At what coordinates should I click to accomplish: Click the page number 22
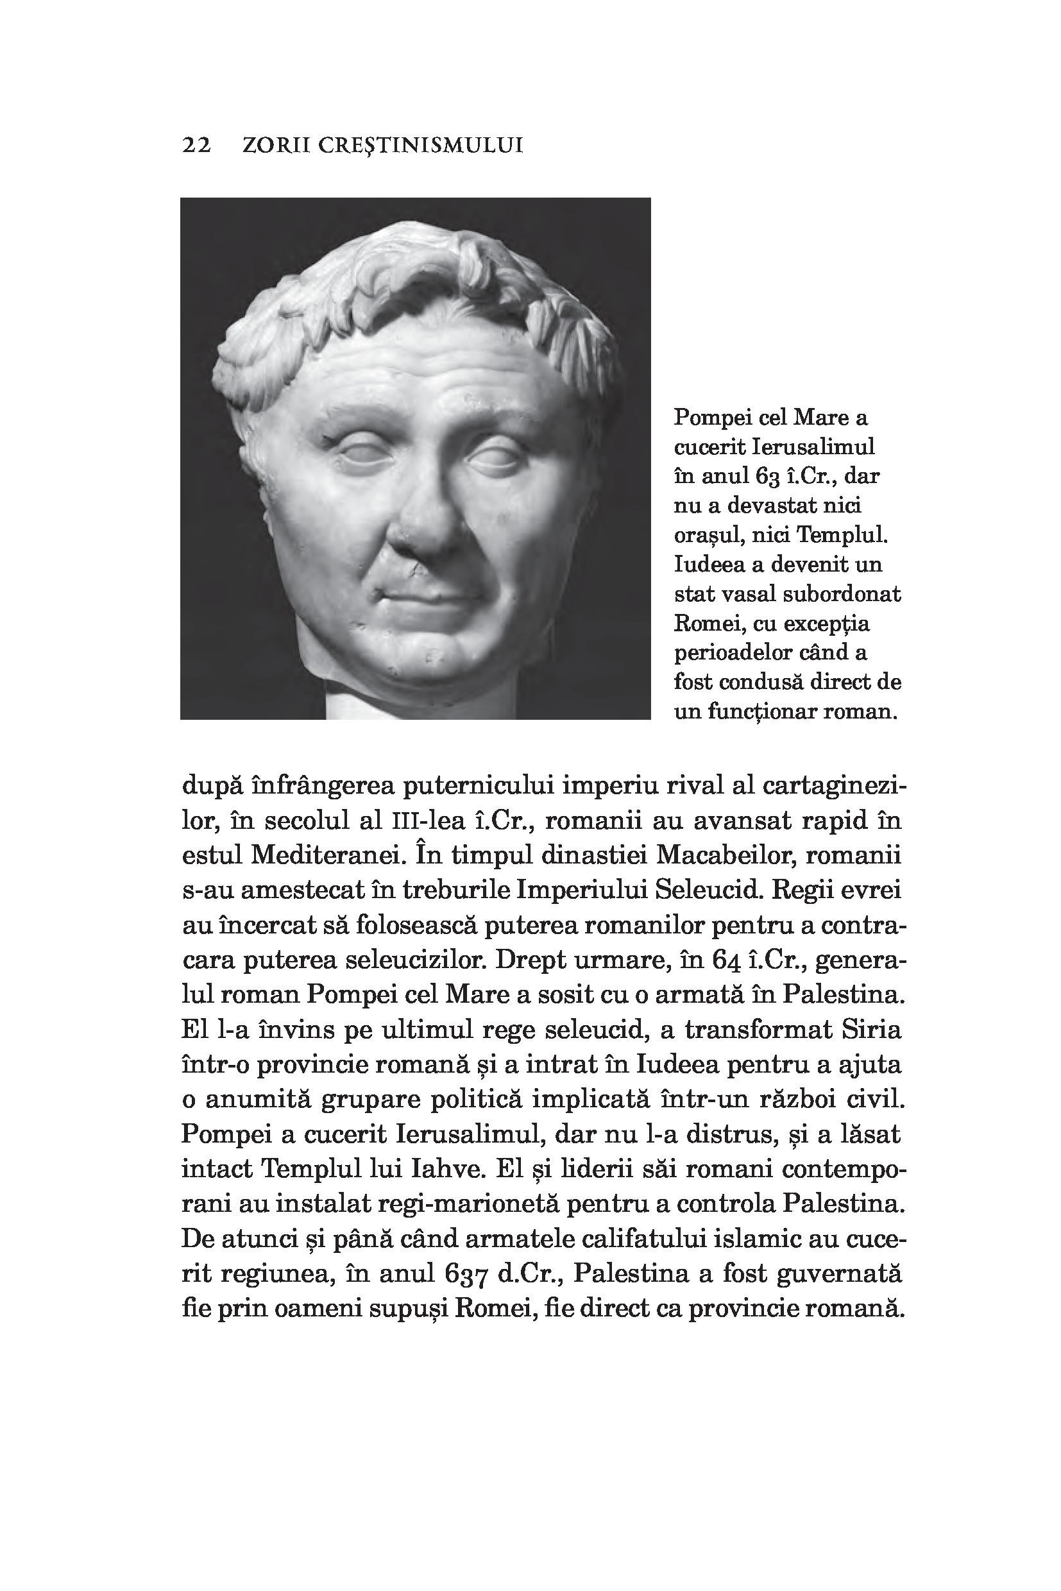[197, 146]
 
